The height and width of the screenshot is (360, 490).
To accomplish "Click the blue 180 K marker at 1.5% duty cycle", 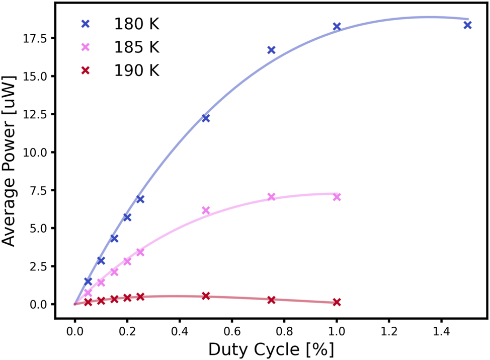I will pos(467,25).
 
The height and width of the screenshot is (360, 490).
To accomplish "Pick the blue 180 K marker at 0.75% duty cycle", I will pos(271,50).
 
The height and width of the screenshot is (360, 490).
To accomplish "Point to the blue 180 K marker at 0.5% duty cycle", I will pos(206,118).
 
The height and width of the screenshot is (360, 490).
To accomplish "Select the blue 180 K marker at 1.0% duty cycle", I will pos(337,27).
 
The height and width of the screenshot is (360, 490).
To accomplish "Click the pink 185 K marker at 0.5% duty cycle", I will pos(206,210).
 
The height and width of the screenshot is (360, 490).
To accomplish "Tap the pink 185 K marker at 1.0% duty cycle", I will pos(337,197).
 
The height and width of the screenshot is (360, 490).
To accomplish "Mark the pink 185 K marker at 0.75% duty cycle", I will pos(271,197).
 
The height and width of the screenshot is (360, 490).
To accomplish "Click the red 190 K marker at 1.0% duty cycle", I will pos(337,302).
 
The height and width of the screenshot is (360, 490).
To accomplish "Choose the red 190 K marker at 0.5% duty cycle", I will pos(206,296).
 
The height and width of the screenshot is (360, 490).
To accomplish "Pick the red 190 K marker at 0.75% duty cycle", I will pos(271,300).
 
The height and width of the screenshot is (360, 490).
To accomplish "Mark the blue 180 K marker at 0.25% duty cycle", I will pos(140,199).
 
